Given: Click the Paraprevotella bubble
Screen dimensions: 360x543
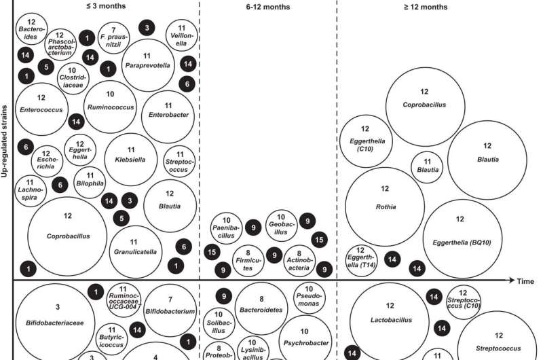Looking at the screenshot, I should coord(147,65).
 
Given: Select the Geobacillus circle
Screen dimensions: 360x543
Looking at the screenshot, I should coord(281,226).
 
